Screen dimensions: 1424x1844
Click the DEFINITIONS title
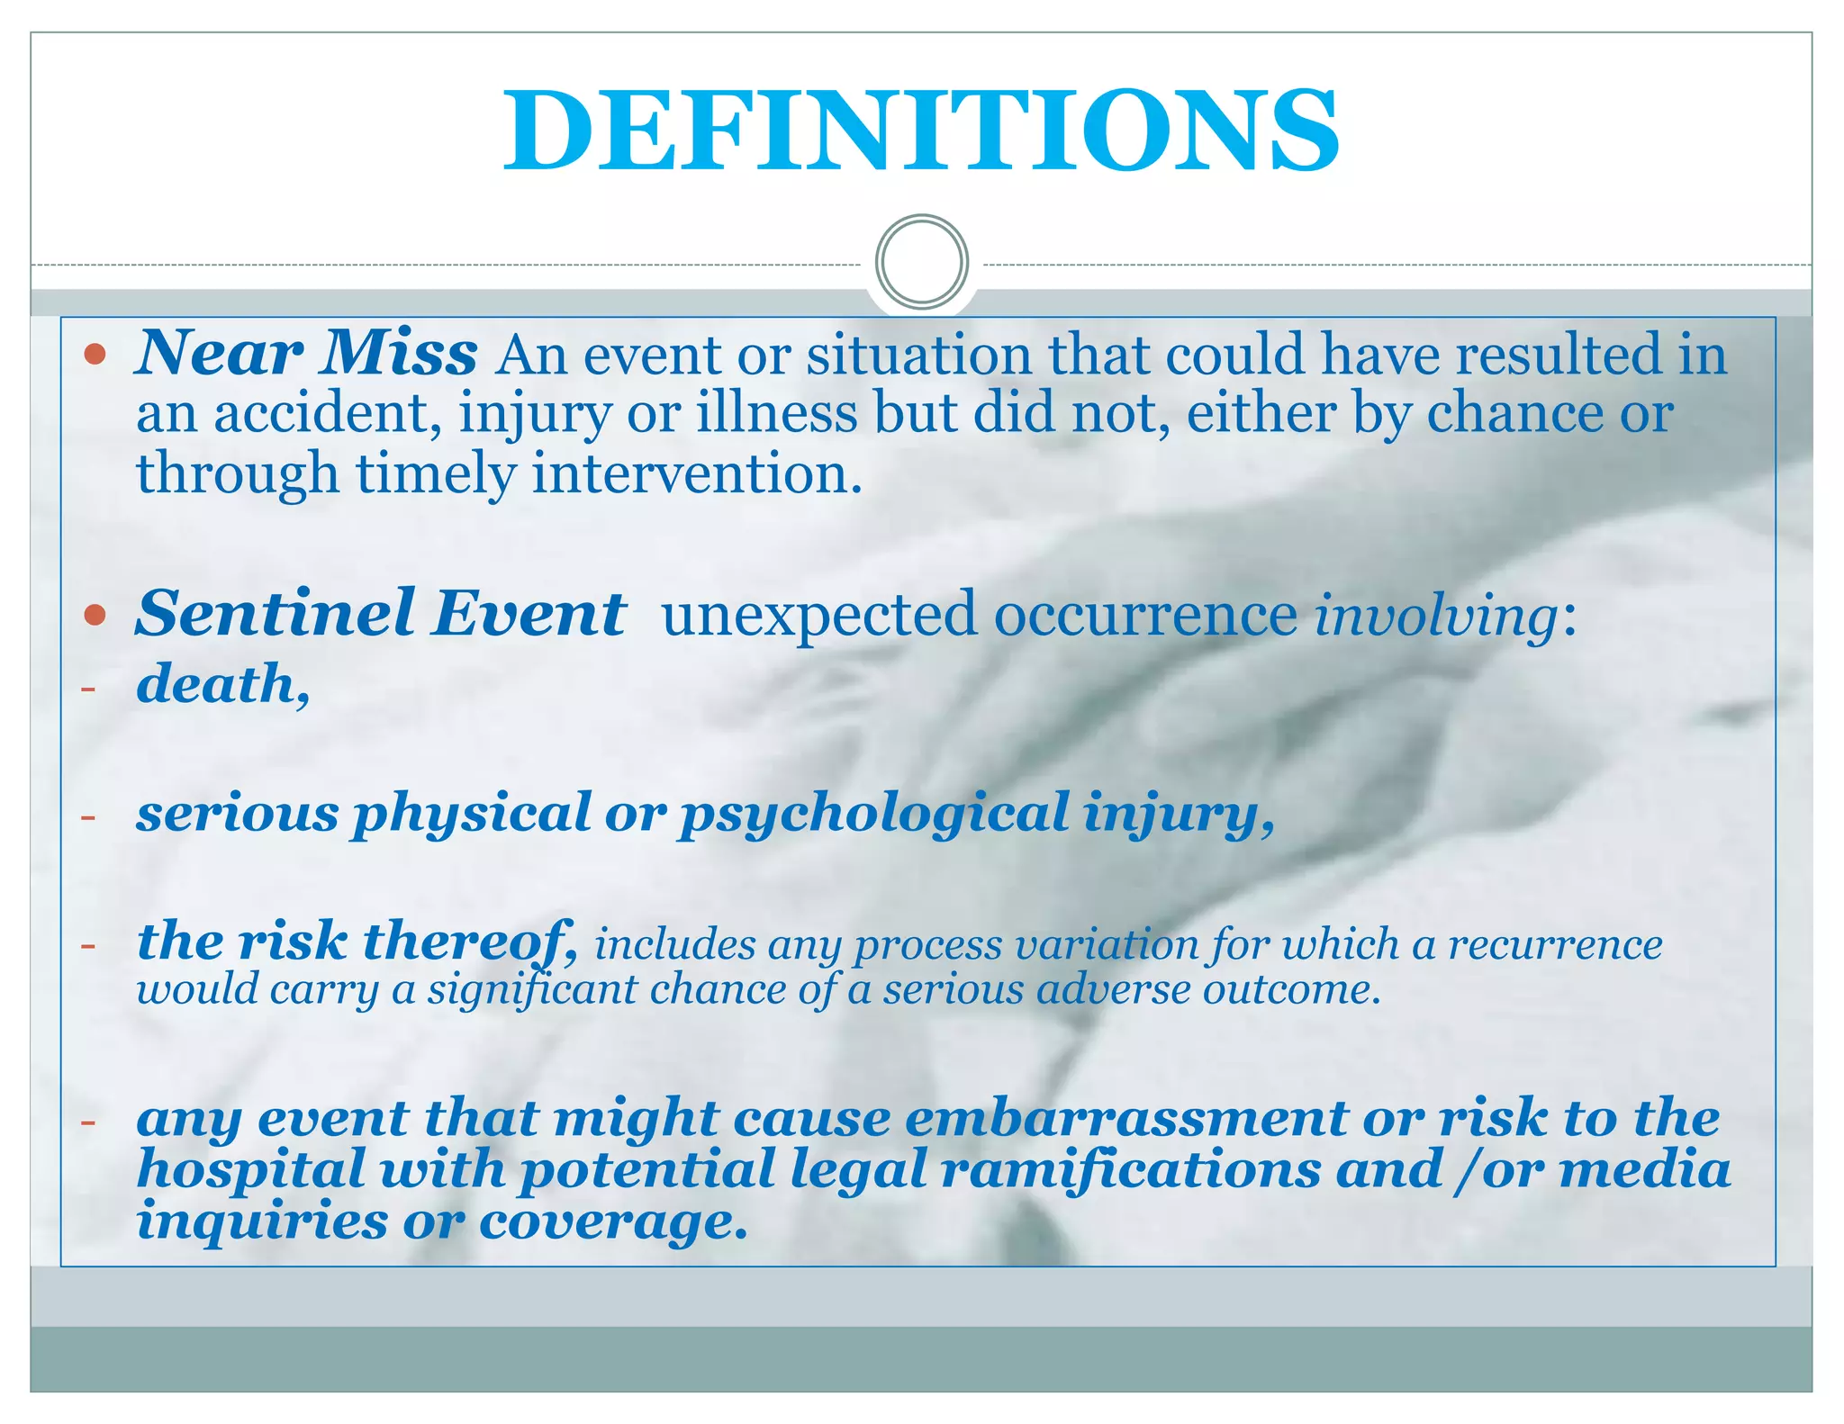(921, 131)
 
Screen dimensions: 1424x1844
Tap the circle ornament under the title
(921, 262)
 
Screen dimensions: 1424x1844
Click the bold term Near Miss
(306, 353)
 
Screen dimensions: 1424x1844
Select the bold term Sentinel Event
(380, 614)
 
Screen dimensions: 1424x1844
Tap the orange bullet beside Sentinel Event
(95, 616)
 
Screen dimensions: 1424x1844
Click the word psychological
(873, 816)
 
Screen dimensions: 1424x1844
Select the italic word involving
(1435, 617)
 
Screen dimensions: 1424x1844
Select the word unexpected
(818, 616)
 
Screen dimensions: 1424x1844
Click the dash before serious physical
(87, 817)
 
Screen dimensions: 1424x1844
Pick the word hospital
(251, 1170)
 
